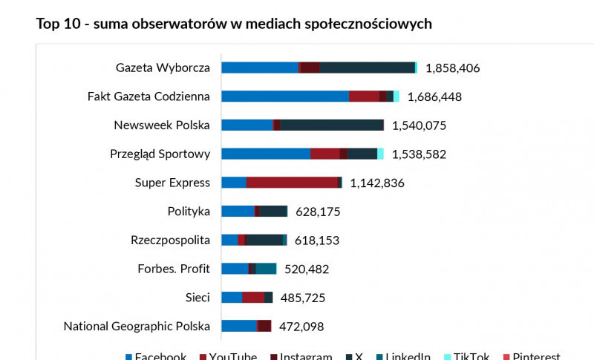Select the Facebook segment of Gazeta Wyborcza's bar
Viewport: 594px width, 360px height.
point(259,68)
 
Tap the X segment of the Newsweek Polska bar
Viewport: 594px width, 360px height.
point(331,125)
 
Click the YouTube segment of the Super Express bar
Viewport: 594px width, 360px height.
point(292,183)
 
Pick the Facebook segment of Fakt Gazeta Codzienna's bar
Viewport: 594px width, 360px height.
point(285,96)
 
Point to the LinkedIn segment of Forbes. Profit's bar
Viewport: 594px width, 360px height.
point(266,269)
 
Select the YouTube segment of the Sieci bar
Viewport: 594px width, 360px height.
point(253,298)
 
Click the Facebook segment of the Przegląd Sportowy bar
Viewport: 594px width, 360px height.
point(266,154)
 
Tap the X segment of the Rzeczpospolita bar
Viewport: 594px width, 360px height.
point(264,240)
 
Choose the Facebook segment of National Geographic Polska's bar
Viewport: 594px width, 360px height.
point(239,326)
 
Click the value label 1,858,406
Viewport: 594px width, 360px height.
point(453,68)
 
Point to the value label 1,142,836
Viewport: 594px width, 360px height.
point(377,183)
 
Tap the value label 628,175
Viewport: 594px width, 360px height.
point(318,212)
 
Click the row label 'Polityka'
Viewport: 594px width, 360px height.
point(189,212)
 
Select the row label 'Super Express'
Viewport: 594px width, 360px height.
point(172,183)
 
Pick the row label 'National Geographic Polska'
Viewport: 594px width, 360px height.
point(137,326)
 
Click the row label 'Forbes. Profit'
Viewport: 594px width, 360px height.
point(174,269)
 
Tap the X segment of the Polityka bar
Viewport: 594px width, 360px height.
point(273,212)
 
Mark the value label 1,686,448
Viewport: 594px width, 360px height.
point(435,96)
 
